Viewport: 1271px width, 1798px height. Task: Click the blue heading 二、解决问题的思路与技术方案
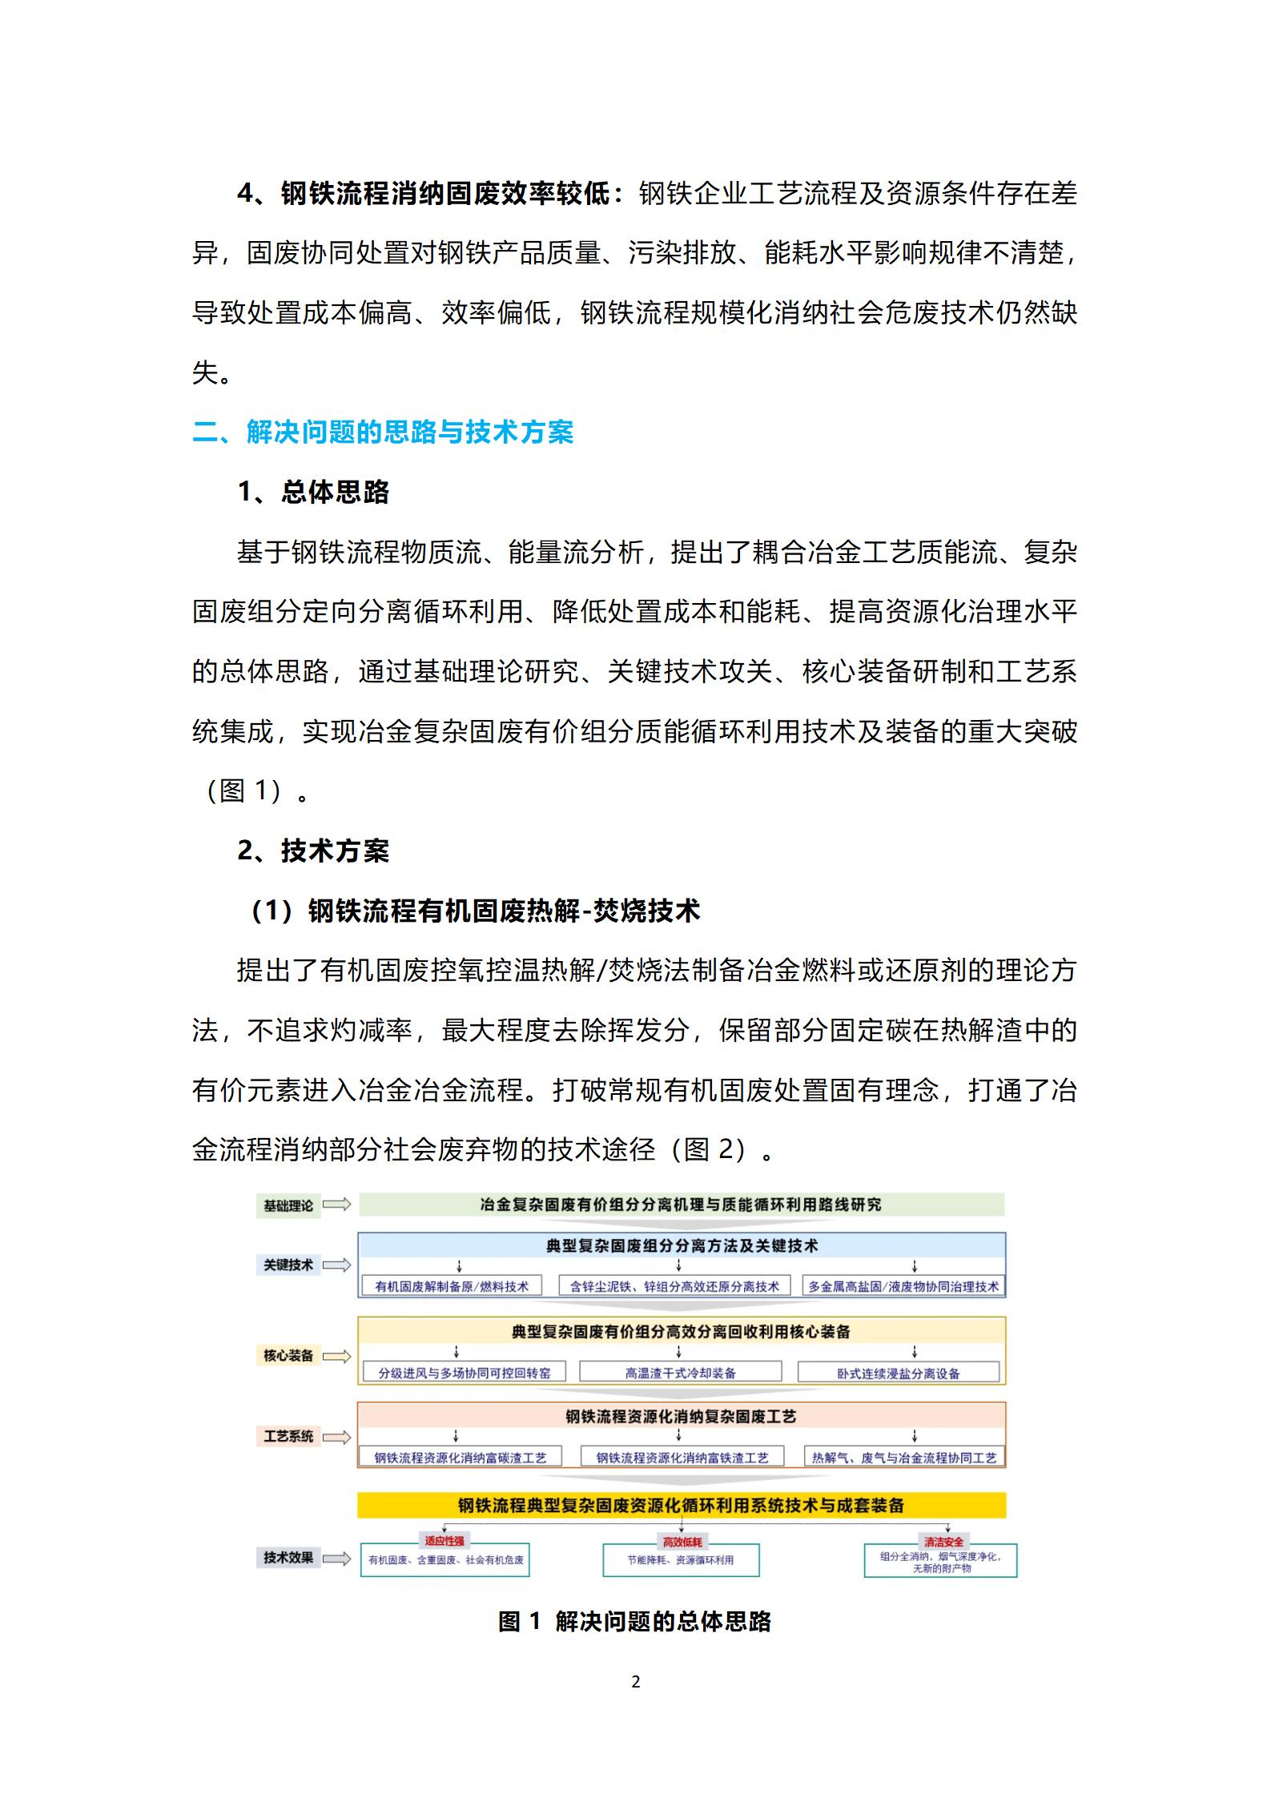click(x=383, y=432)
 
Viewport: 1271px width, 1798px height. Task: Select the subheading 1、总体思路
click(x=313, y=492)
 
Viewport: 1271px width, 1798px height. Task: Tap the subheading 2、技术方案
click(x=313, y=851)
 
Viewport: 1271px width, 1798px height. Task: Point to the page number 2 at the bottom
click(x=636, y=1683)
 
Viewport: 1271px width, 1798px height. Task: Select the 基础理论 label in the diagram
click(x=288, y=1205)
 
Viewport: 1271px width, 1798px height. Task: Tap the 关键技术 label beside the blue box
click(x=288, y=1265)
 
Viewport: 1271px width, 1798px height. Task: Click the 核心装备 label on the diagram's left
click(x=288, y=1356)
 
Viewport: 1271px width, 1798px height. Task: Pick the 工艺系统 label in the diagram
click(x=288, y=1436)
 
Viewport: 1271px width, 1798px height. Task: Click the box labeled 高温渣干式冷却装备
click(x=680, y=1373)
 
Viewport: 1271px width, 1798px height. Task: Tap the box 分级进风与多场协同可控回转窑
click(x=465, y=1373)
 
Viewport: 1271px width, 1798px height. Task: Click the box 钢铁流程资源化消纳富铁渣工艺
click(x=682, y=1458)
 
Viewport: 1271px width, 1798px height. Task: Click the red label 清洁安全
click(x=943, y=1542)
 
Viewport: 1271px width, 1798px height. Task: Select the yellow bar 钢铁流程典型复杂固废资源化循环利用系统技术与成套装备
click(x=681, y=1505)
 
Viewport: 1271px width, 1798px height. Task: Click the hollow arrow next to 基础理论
click(x=337, y=1205)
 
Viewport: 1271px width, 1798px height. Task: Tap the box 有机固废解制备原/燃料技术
click(x=452, y=1286)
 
